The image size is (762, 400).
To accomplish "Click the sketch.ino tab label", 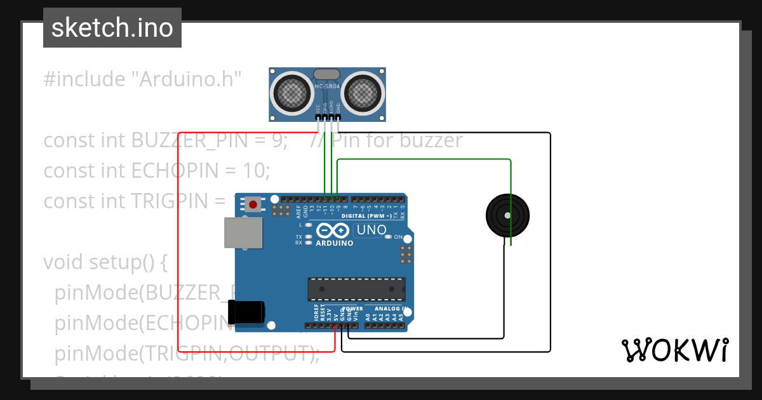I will click(x=112, y=28).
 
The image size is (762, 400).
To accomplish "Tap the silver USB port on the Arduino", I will click(x=243, y=232).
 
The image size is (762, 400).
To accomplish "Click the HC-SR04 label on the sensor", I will click(x=328, y=86).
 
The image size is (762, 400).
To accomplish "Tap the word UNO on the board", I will click(x=371, y=229).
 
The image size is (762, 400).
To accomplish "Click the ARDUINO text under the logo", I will click(x=334, y=243).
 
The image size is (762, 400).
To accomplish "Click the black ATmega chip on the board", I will click(x=356, y=289).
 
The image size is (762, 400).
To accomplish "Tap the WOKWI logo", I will click(x=674, y=350).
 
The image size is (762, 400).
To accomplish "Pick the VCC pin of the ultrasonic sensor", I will click(x=318, y=117).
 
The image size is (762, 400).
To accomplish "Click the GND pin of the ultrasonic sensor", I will click(x=338, y=117).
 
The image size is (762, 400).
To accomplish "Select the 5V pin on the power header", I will click(x=336, y=326).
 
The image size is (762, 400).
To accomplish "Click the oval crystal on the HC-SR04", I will click(x=327, y=74).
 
